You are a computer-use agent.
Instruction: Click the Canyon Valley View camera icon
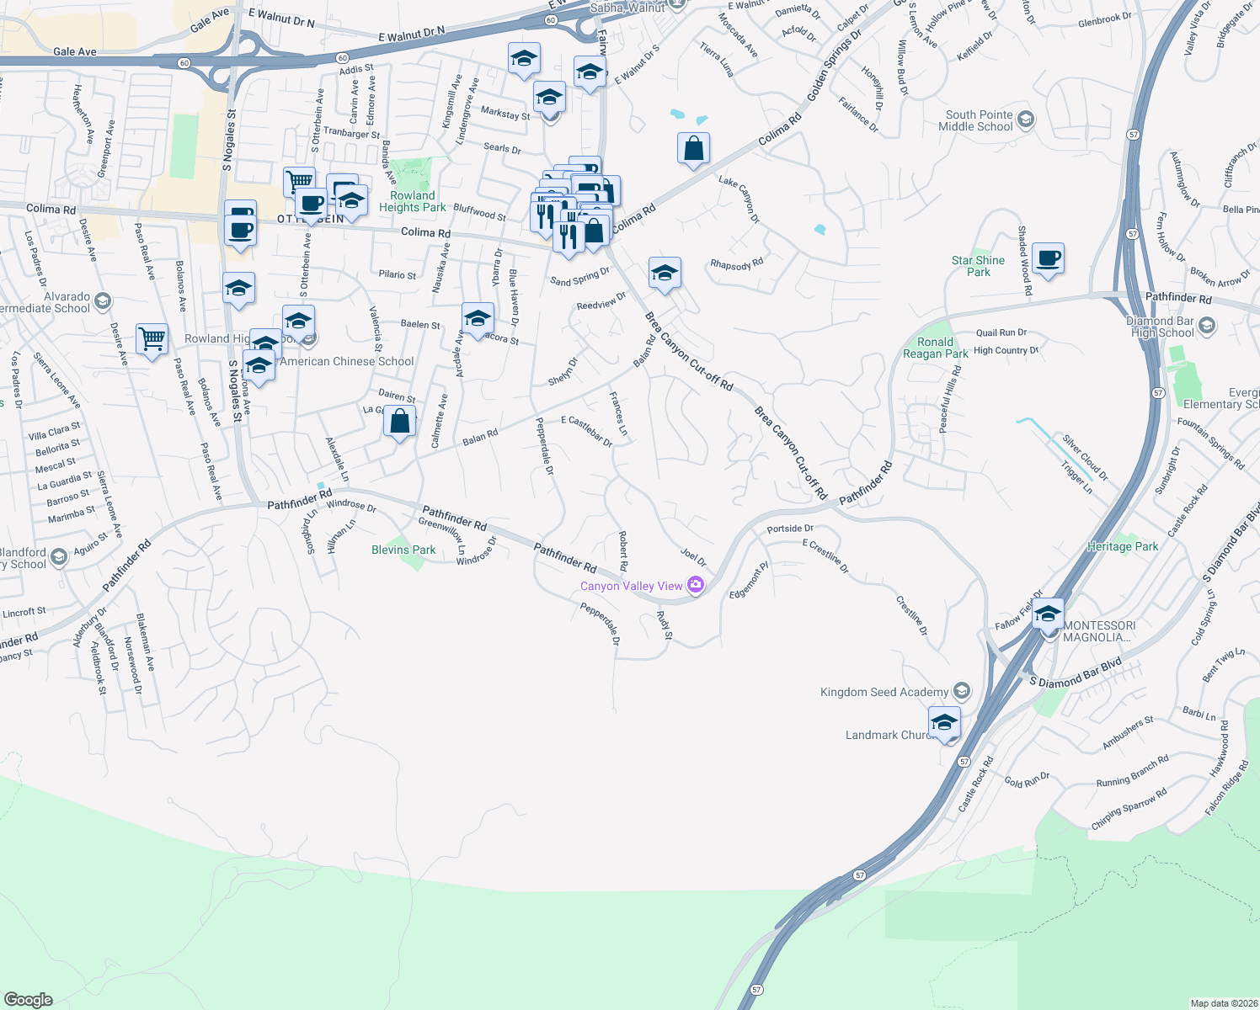pos(695,585)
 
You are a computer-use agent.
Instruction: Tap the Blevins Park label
pos(403,550)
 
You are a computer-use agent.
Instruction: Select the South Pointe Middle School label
pos(979,120)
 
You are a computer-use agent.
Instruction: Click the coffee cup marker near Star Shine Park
pos(1049,258)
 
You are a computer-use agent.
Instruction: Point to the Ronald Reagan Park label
pos(935,348)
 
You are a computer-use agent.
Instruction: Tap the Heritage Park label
pos(1123,546)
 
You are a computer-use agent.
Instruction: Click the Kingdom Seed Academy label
pos(884,692)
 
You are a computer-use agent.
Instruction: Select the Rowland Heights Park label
pos(413,201)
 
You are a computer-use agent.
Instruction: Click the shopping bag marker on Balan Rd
pos(400,421)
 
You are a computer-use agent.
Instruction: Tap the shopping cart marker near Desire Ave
pos(152,340)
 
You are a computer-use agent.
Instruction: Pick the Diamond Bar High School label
pos(1162,327)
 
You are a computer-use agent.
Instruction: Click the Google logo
pos(29,999)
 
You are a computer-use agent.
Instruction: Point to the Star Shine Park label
pos(978,266)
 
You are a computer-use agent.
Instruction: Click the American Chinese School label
pos(347,361)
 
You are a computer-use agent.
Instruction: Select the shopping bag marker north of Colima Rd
pos(693,149)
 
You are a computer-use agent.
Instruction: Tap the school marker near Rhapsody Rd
pos(665,273)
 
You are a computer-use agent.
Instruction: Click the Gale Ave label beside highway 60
pos(75,51)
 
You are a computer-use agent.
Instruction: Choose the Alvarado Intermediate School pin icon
pos(102,300)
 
